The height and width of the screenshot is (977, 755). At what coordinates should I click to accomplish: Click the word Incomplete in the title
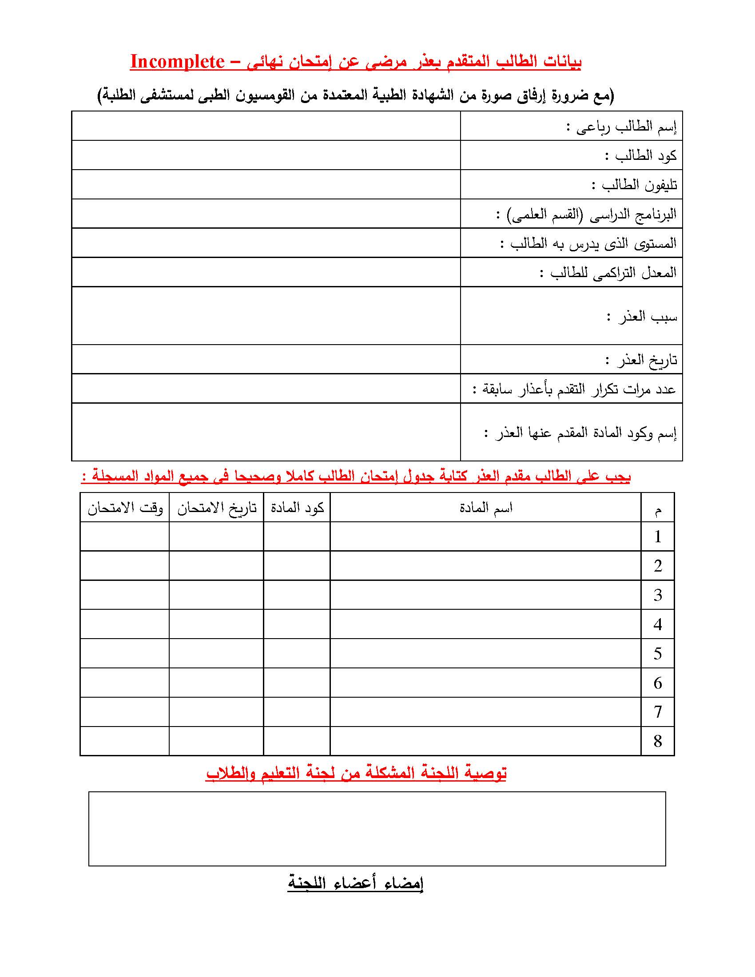(177, 62)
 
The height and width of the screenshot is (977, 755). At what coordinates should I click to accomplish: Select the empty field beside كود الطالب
(266, 155)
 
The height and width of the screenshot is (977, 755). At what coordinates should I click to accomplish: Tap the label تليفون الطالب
(634, 185)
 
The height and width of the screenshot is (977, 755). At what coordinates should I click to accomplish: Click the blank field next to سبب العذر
(266, 316)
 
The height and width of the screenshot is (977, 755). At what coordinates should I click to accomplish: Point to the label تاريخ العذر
(641, 360)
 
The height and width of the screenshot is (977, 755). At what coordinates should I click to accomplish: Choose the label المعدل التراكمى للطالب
(608, 272)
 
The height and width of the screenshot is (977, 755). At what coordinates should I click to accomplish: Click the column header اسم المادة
(486, 508)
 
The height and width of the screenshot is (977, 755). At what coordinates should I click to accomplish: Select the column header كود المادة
(297, 508)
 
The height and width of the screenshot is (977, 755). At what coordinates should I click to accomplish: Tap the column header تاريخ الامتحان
(217, 508)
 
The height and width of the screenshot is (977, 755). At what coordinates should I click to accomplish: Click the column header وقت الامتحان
(125, 508)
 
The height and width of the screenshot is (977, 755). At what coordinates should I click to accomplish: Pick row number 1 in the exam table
(657, 537)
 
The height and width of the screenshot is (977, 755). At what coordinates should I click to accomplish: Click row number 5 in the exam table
(657, 654)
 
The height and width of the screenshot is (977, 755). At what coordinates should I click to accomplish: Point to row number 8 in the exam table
(657, 741)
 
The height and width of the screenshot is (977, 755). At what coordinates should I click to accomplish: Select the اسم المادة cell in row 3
(486, 595)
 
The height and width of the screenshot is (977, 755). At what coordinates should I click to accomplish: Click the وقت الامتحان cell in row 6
(125, 683)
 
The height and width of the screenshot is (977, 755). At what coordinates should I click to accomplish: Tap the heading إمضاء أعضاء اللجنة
(355, 883)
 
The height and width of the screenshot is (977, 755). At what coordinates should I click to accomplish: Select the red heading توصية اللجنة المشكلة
(356, 773)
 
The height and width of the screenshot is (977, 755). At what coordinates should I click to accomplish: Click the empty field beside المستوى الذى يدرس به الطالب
(266, 243)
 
